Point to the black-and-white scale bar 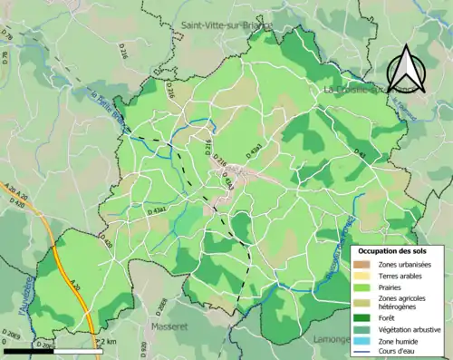click(x=41, y=348)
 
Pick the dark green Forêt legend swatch click(x=364, y=317)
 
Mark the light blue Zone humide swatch click(x=364, y=341)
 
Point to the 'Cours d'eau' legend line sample click(x=364, y=353)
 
